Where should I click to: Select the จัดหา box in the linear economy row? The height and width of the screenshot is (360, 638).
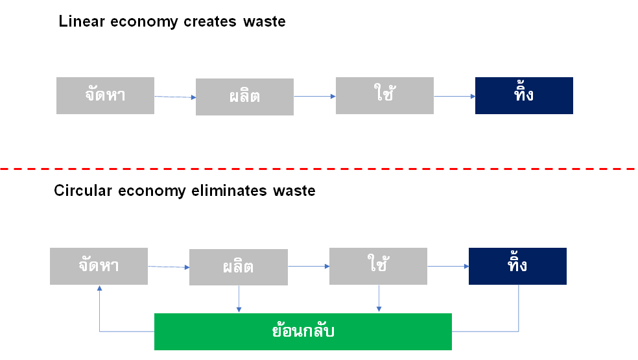[105, 95]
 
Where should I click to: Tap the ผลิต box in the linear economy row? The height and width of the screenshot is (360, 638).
[244, 97]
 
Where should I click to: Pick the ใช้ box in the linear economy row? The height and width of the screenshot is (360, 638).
[384, 95]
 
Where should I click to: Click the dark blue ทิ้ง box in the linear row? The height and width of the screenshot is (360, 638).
[524, 95]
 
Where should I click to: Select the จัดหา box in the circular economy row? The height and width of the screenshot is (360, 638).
[99, 266]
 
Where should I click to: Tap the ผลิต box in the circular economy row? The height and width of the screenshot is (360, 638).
[238, 267]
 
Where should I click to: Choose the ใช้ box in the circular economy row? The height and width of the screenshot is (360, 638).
[378, 266]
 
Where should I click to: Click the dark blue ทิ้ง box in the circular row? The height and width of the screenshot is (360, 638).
[517, 266]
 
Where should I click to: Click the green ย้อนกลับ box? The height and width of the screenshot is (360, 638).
[303, 331]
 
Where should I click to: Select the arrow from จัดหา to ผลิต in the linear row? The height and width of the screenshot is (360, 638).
[175, 97]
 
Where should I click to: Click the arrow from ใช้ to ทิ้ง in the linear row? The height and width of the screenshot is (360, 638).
[455, 96]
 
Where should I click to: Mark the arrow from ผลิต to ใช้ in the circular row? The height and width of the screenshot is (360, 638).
[308, 266]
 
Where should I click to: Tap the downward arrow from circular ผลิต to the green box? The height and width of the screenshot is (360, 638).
[239, 299]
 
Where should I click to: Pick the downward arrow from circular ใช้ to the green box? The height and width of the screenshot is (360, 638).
[379, 299]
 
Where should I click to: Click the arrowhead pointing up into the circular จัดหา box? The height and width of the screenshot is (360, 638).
[99, 289]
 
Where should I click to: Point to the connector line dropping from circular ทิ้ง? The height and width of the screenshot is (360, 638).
[519, 308]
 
